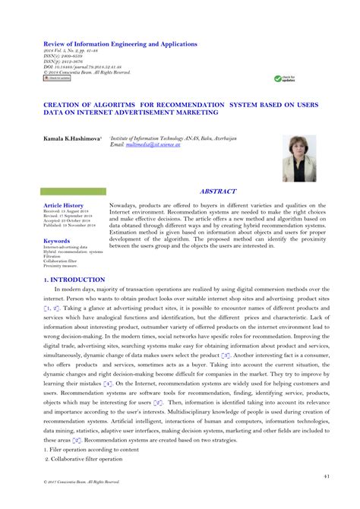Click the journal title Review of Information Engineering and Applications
click(113, 46)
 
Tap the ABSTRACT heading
click(218, 192)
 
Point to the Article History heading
click(64, 206)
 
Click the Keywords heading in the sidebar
click(57, 241)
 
